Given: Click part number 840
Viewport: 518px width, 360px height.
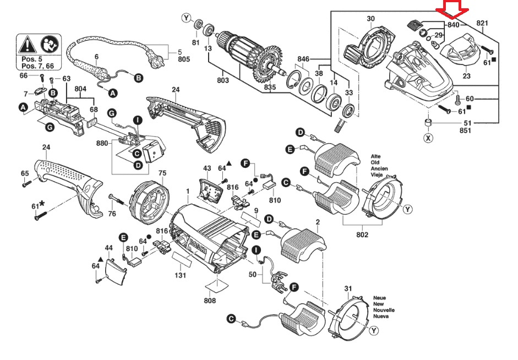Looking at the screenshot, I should pos(453,25).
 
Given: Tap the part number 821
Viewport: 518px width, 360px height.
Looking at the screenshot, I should pos(482,23).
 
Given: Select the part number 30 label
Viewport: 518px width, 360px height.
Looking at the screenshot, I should pos(370,19).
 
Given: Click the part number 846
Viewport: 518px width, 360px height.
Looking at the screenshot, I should pos(303,58).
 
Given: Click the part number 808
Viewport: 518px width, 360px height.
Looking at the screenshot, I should pos(209,301).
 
